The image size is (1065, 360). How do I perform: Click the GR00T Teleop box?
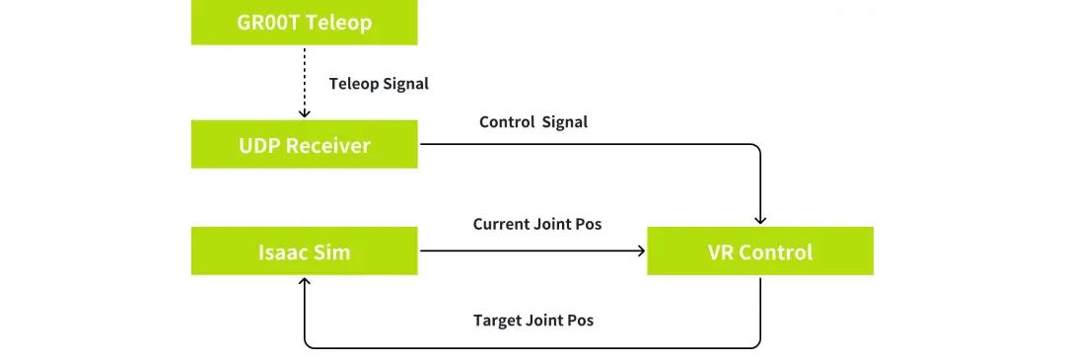click(x=305, y=23)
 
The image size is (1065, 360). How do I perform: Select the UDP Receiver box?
click(x=305, y=144)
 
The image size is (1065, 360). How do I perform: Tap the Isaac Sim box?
click(x=305, y=252)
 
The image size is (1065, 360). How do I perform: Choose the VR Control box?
click(x=760, y=252)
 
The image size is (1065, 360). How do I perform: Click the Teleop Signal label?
click(x=379, y=84)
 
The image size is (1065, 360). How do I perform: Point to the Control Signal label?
click(x=533, y=122)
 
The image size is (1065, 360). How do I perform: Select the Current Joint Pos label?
click(x=537, y=224)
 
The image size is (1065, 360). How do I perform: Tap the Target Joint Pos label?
click(x=533, y=320)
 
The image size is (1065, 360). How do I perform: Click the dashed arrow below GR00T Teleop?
click(x=305, y=82)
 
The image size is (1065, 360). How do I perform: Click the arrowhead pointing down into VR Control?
click(x=760, y=220)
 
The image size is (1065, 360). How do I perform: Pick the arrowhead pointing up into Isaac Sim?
click(x=305, y=281)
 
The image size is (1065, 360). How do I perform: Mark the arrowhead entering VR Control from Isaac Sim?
click(x=640, y=252)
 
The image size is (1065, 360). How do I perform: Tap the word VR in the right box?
click(x=720, y=252)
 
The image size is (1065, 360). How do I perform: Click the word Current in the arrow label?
click(x=500, y=224)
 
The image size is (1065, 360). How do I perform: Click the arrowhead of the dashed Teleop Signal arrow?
click(x=305, y=113)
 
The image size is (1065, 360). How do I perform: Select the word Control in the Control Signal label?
click(x=507, y=122)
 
